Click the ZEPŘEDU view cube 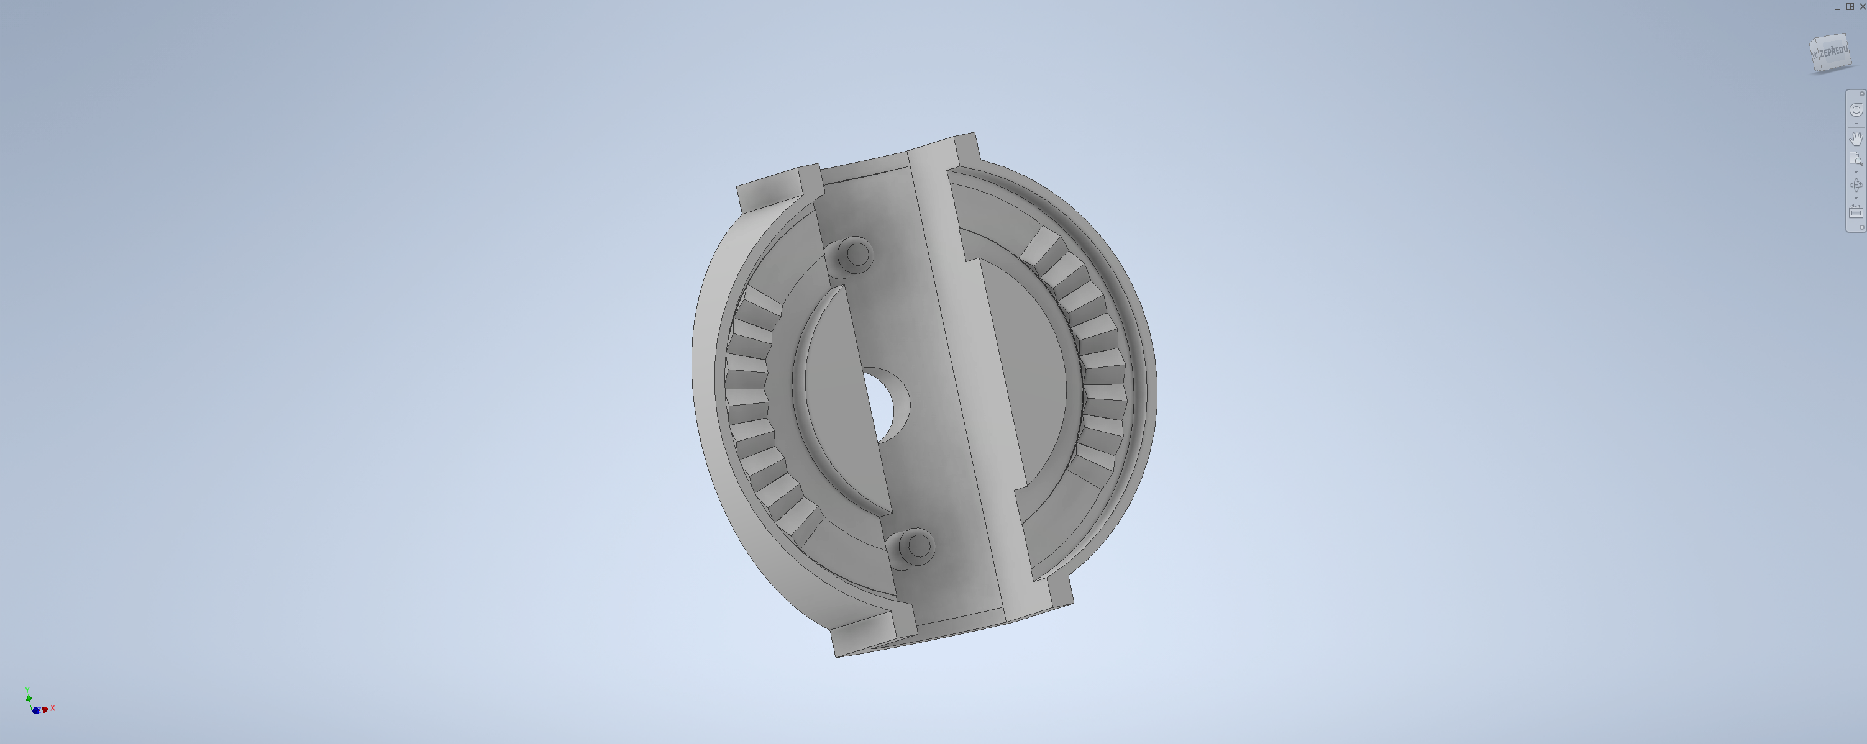pyautogui.click(x=1830, y=53)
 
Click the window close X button pyautogui.click(x=1862, y=6)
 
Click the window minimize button pyautogui.click(x=1837, y=7)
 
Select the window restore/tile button pyautogui.click(x=1850, y=6)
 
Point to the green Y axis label pyautogui.click(x=27, y=691)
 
